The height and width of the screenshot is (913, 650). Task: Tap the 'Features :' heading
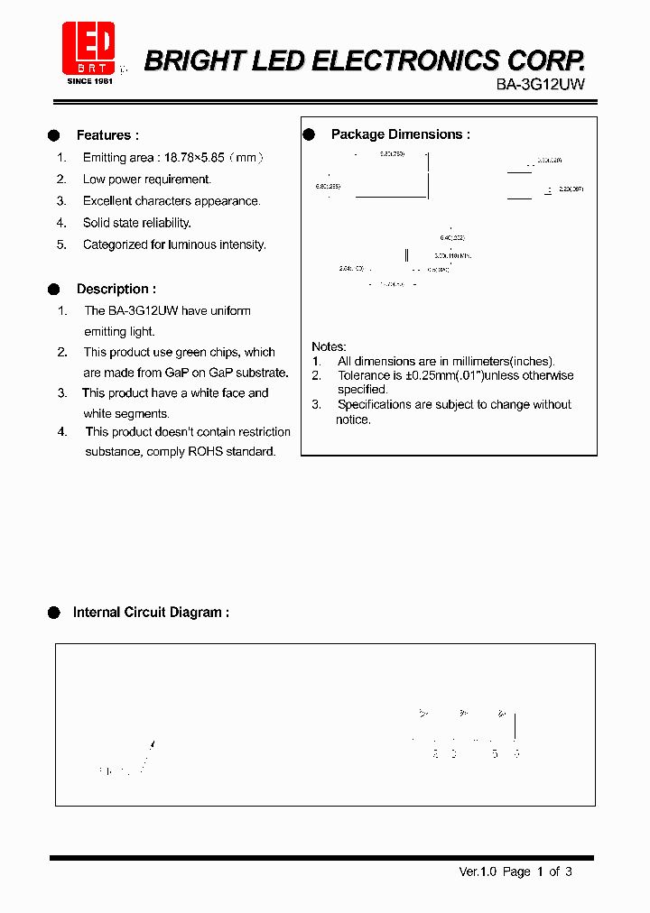pos(107,135)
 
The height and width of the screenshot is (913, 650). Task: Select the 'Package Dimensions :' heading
pos(400,134)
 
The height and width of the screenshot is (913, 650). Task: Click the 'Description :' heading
pos(116,289)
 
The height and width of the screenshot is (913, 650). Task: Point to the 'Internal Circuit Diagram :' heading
pos(151,612)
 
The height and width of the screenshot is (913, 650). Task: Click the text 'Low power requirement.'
pos(146,180)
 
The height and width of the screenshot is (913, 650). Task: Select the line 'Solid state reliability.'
pos(136,223)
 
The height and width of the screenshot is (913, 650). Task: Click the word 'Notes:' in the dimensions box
pos(329,346)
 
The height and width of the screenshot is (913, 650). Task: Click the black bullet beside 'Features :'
pos(54,135)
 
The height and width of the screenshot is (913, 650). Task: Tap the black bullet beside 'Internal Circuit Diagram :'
pos(54,612)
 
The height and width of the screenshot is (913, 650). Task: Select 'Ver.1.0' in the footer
pos(478,871)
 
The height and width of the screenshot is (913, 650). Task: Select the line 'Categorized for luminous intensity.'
pos(174,244)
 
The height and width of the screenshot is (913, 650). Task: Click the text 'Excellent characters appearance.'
pos(172,201)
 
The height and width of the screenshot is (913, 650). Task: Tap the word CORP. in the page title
pos(545,60)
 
